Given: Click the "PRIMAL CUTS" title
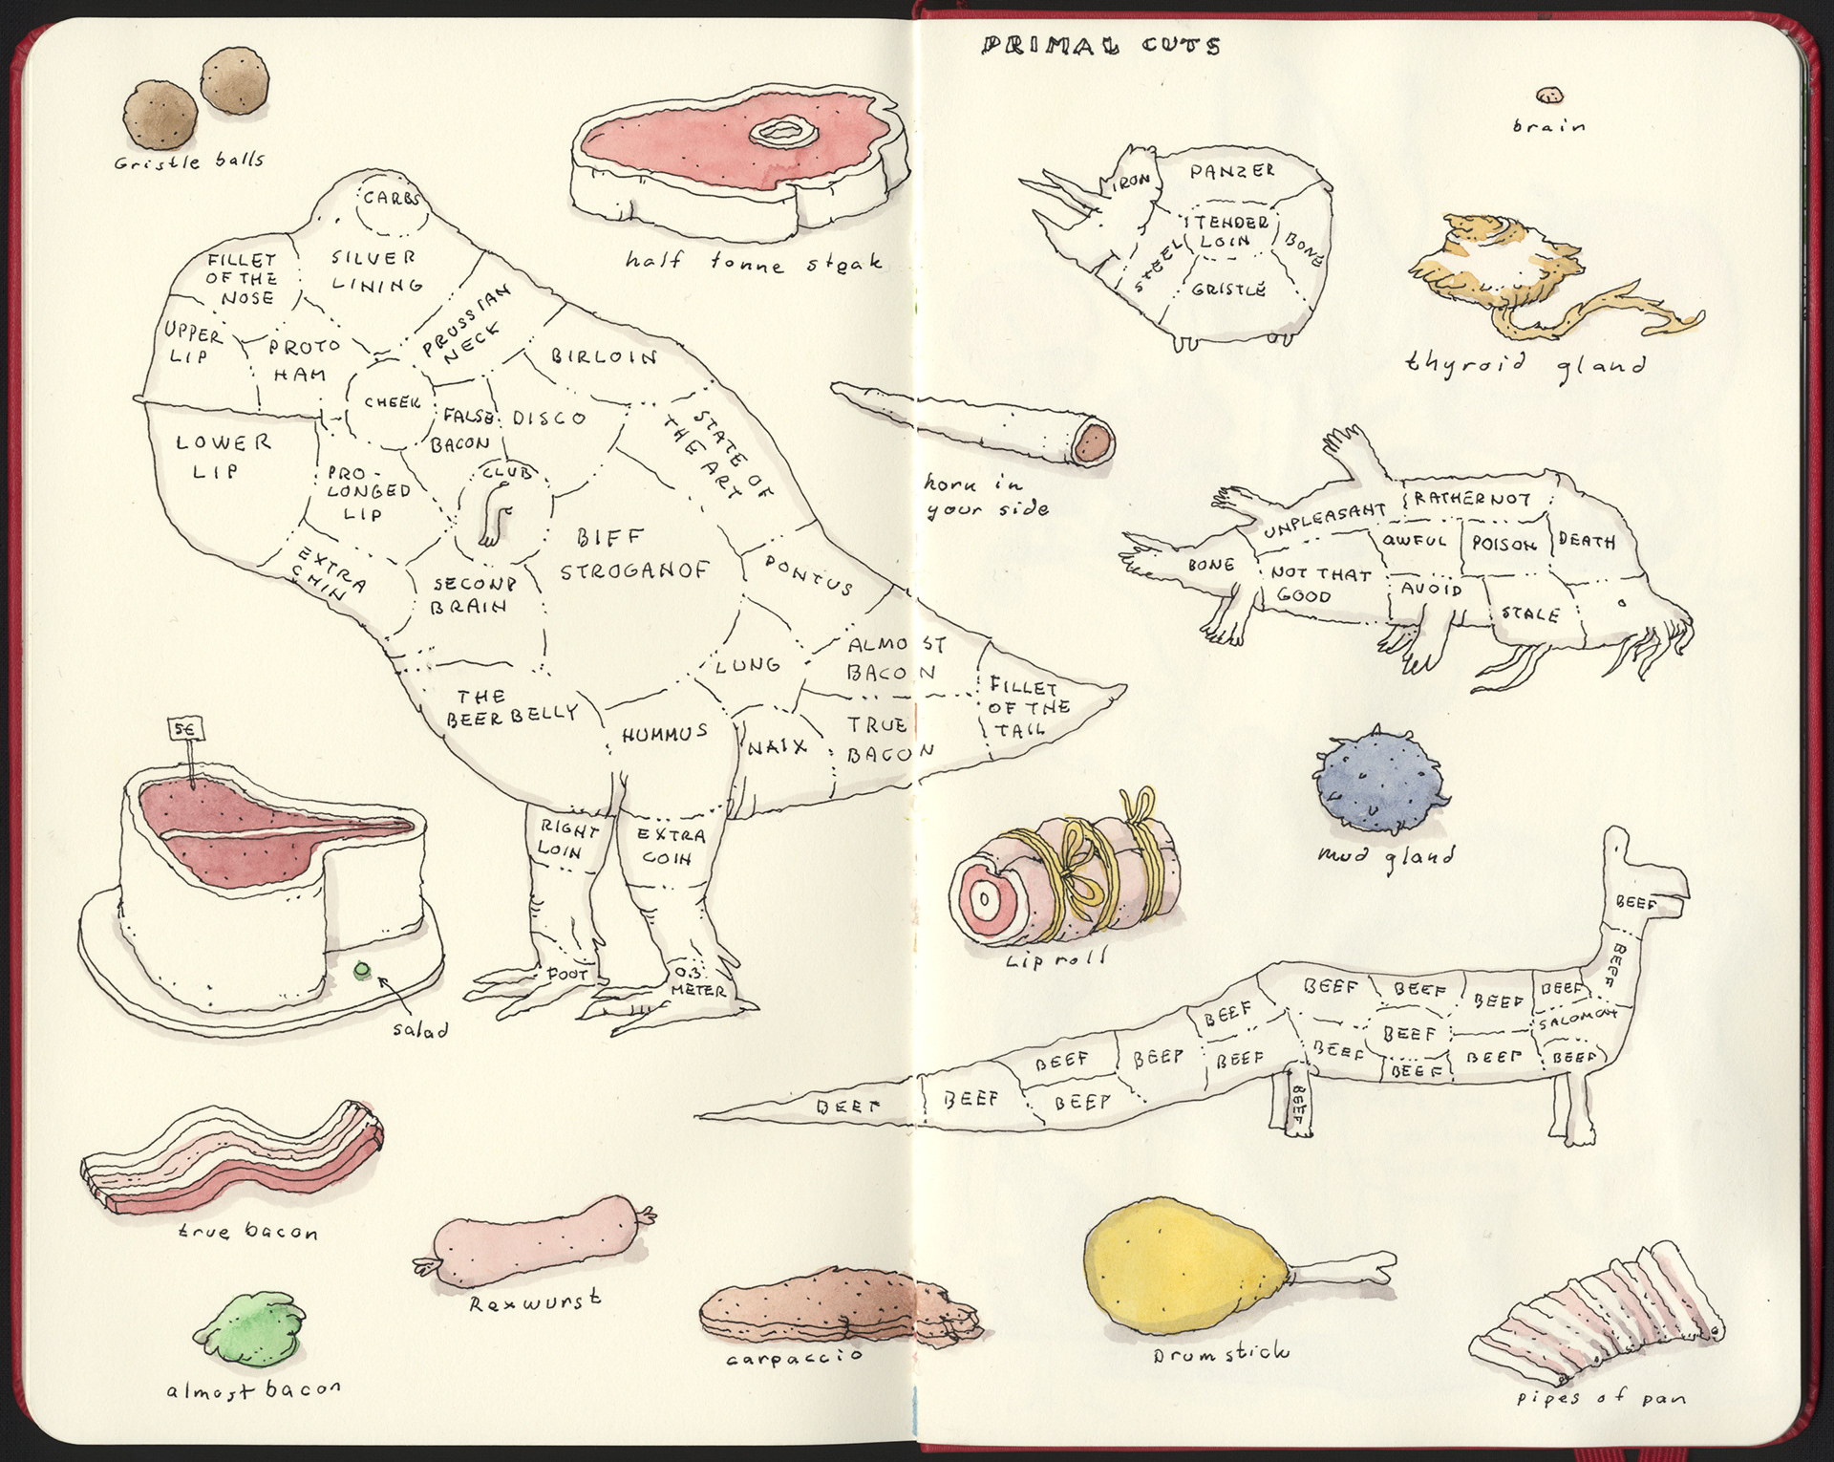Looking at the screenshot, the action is pos(1100,45).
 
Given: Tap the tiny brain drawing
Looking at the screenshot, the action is pos(1549,96).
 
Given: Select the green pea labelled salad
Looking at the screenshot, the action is pos(361,971).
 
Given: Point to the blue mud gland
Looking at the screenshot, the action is pos(1378,780).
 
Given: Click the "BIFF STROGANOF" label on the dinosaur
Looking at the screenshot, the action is pos(632,554).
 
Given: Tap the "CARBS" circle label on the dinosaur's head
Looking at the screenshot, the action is pos(390,199).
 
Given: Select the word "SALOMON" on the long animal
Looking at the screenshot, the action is pos(1576,1019).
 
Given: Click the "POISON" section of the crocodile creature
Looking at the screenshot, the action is pos(1503,544).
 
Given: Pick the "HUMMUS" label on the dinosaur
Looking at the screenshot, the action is pos(665,734).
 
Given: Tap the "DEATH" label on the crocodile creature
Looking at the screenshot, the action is pos(1587,541).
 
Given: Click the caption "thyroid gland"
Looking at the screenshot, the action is pos(1525,364).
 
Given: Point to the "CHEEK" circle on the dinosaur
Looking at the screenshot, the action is pos(392,402).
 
